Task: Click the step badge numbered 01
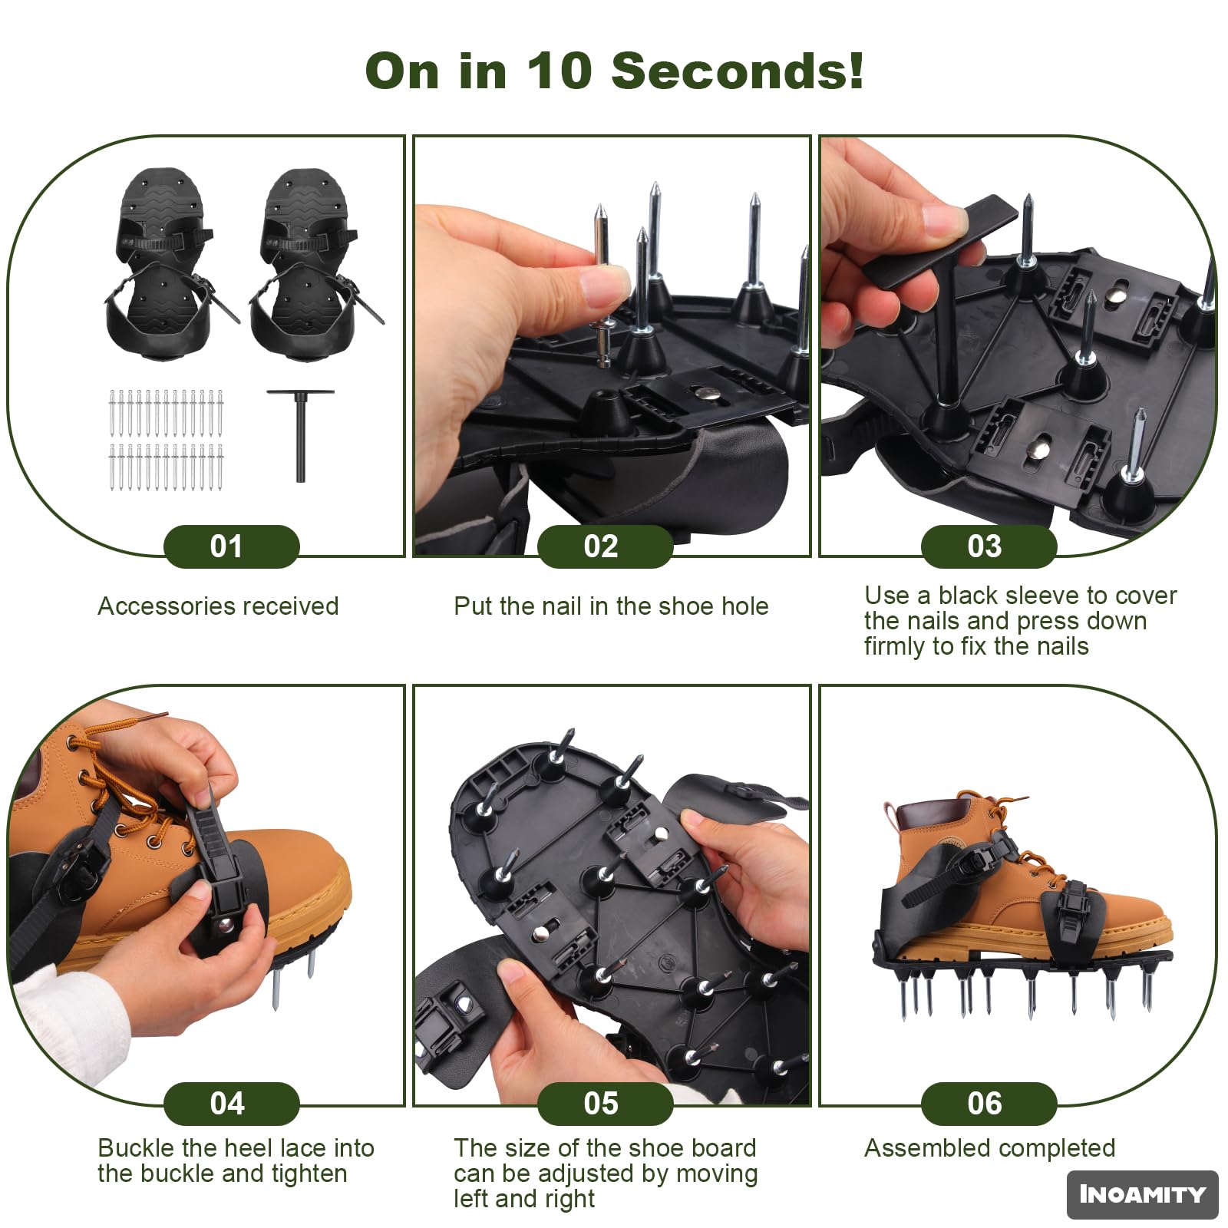[231, 546]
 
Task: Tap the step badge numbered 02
[605, 546]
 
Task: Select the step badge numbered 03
[989, 546]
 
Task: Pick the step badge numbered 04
[231, 1104]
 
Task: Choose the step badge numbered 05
[605, 1104]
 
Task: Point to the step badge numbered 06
[989, 1104]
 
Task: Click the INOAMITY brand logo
[1142, 1194]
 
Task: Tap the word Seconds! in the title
[738, 71]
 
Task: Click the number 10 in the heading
[559, 71]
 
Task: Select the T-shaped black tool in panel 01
[300, 434]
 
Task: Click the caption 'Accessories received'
[218, 606]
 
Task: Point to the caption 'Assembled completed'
[989, 1148]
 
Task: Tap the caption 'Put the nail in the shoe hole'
[611, 606]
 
